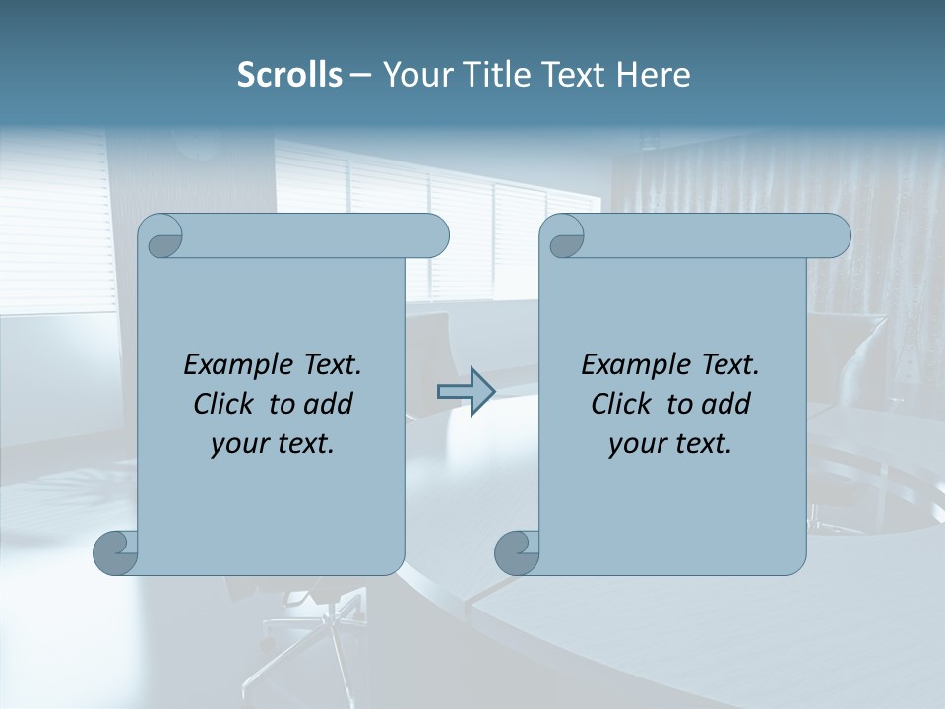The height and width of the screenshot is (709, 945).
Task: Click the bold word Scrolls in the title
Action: [x=289, y=74]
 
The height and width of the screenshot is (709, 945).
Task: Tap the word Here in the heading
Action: [x=654, y=74]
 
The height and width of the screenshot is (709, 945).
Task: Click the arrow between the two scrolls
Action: [x=466, y=391]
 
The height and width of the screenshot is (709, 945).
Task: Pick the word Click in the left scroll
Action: [x=224, y=404]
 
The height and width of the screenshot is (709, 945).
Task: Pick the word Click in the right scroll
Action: [x=622, y=404]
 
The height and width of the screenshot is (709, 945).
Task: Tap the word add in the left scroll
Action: [x=328, y=404]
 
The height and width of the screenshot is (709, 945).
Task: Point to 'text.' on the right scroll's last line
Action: [x=701, y=443]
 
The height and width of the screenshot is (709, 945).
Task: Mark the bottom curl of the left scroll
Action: [x=114, y=552]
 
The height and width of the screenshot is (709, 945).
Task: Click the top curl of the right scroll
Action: [x=565, y=236]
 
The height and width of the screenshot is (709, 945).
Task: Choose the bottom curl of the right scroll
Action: [x=516, y=552]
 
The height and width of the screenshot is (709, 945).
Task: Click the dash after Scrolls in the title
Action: [x=360, y=74]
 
